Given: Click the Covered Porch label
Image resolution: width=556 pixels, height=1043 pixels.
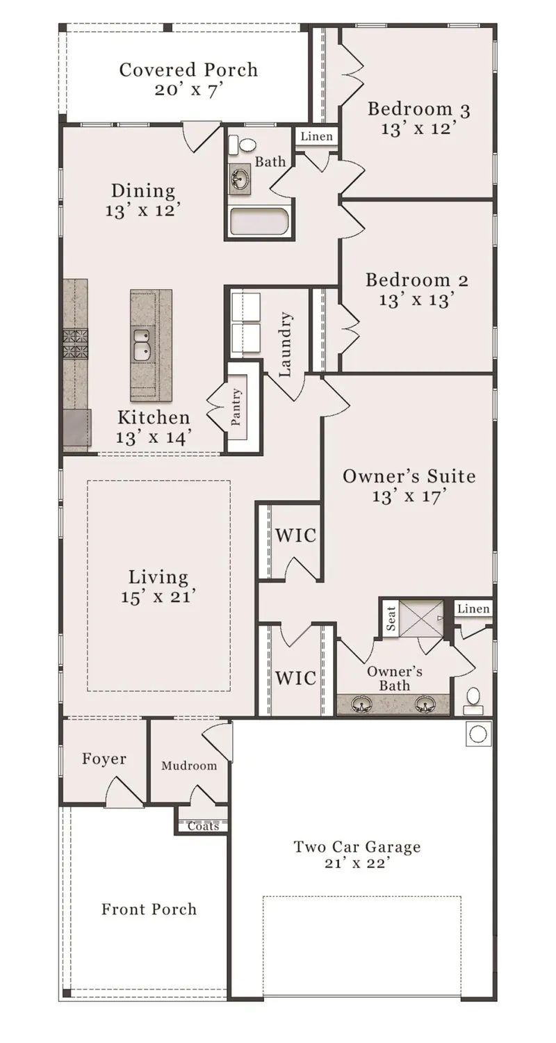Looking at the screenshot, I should (188, 70).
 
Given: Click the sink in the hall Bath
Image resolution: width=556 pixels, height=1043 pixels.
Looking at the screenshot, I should (240, 179).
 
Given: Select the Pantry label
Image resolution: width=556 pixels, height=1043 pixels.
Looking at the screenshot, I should (237, 407).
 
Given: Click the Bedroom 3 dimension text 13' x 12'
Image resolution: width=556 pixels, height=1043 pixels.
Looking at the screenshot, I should (418, 129).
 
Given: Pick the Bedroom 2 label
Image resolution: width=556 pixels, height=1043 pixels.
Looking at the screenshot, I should (416, 280).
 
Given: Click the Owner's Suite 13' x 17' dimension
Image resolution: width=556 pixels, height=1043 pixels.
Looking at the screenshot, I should (409, 496).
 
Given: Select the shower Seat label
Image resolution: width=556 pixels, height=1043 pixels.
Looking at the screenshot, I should (391, 617).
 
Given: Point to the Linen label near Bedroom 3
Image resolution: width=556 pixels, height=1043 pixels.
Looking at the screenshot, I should (317, 136).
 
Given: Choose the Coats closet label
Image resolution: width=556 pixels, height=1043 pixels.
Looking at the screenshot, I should (203, 826).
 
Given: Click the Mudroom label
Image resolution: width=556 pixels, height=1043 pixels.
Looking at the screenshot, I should (189, 766).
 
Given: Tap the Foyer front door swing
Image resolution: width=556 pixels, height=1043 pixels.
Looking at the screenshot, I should (124, 791).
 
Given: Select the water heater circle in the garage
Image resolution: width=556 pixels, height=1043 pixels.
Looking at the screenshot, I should (478, 734).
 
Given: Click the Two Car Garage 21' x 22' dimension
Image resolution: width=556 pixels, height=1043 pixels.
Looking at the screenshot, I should (357, 864).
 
